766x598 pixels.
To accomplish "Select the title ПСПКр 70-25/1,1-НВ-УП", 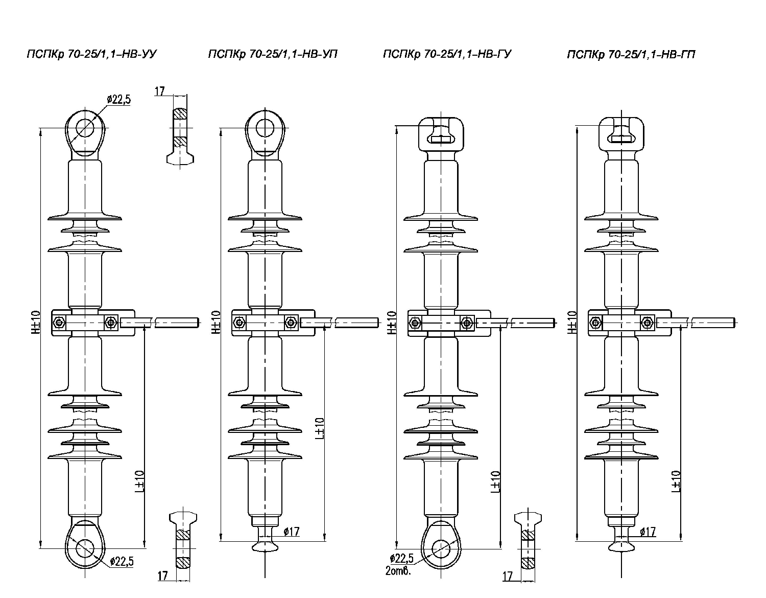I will pyautogui.click(x=273, y=54).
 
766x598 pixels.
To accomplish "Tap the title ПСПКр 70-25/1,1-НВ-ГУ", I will pyautogui.click(x=447, y=54).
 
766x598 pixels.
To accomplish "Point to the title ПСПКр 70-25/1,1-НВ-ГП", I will pyautogui.click(x=631, y=54).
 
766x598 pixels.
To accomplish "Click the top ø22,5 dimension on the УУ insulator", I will pyautogui.click(x=119, y=100).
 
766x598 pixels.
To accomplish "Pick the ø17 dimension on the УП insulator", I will pyautogui.click(x=291, y=532).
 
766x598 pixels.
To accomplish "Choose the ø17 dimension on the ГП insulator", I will pyautogui.click(x=648, y=532).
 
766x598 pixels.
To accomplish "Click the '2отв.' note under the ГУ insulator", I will pyautogui.click(x=398, y=570).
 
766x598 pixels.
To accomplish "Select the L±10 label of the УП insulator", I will pyautogui.click(x=319, y=428).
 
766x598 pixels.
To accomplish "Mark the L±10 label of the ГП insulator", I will pyautogui.click(x=676, y=480).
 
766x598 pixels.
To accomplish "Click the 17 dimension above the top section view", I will pyautogui.click(x=160, y=91).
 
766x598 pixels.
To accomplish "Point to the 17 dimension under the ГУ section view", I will pyautogui.click(x=507, y=577).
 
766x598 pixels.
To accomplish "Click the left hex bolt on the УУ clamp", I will pyautogui.click(x=59, y=323).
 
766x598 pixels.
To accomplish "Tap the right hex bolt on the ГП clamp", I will pyautogui.click(x=648, y=323).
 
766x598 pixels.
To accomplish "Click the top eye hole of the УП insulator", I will pyautogui.click(x=265, y=127).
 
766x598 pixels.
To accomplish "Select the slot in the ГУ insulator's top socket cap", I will pyautogui.click(x=440, y=139).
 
